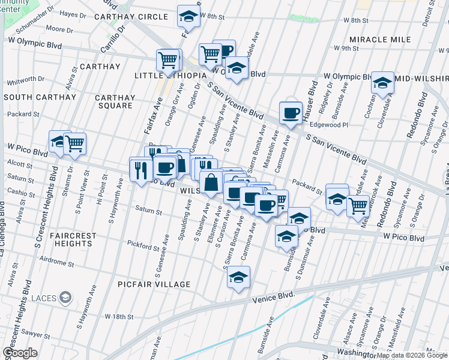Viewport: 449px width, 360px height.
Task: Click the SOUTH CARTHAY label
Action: coord(40,97)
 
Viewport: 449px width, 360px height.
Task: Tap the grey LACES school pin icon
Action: coord(65,297)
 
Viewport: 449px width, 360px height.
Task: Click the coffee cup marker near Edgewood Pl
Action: coord(291,113)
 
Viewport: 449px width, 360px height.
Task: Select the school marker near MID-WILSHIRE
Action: coord(382,83)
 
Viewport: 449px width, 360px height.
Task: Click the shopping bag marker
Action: coord(211,182)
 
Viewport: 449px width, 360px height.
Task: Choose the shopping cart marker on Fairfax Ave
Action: coord(168,60)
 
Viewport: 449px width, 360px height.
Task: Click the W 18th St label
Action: coord(118,316)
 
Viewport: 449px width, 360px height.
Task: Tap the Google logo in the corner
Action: coord(20,353)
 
